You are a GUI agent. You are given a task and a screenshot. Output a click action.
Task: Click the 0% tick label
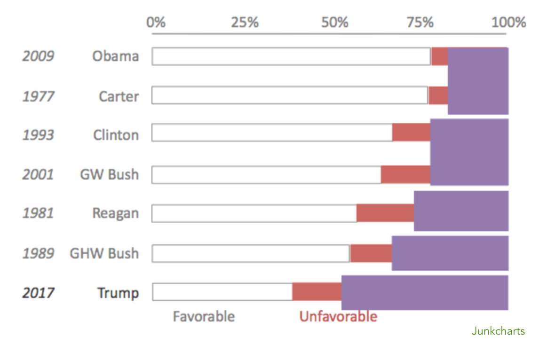pos(156,22)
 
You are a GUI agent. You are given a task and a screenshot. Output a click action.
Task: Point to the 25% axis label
pos(245,22)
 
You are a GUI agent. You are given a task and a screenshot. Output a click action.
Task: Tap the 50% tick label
pos(335,22)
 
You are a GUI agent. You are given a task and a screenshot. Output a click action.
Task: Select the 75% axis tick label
pos(420,22)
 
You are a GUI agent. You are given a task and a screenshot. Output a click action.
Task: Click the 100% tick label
pos(508,22)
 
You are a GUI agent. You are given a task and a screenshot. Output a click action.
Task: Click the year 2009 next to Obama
pos(38,56)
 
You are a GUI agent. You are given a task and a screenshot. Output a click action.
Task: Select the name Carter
pos(119,96)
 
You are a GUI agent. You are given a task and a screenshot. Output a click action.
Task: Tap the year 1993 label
pos(38,135)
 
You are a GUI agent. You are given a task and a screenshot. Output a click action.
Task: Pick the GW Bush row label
pos(109,174)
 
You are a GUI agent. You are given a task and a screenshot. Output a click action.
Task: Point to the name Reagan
pos(115,213)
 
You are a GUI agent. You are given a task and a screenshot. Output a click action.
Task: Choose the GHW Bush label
pos(104,253)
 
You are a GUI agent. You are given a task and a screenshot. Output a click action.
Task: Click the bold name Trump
pos(118,293)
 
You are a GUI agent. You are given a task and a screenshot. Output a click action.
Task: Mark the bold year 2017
pos(38,293)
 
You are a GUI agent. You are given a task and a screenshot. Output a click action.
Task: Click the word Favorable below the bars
pos(204,316)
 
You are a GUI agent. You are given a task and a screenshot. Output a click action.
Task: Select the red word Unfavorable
pos(338,316)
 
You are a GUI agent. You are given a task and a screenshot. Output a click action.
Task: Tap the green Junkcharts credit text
pos(498,331)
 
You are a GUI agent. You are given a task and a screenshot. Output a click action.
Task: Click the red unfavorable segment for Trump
pos(317,292)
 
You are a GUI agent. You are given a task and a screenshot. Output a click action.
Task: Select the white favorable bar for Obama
pos(291,56)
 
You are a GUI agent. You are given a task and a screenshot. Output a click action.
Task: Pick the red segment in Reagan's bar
pos(385,213)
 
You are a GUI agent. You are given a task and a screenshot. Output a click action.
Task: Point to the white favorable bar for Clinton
pos(272,133)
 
